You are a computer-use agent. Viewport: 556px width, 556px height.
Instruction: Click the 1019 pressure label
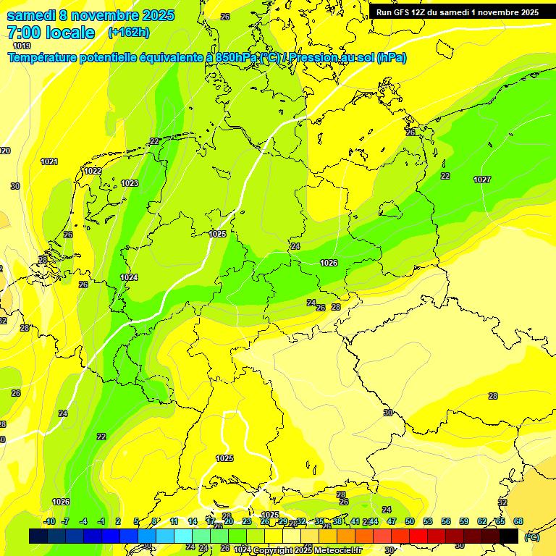pyautogui.click(x=22, y=46)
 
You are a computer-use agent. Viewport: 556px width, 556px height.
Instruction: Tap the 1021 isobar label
pyautogui.click(x=49, y=161)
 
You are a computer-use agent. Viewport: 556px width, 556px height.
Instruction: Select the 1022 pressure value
pyautogui.click(x=93, y=171)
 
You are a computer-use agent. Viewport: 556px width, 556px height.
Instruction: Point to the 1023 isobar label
pyautogui.click(x=130, y=183)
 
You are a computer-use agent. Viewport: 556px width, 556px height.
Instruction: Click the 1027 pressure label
pyautogui.click(x=482, y=179)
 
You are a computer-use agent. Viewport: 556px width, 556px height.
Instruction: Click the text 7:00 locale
pyautogui.click(x=51, y=33)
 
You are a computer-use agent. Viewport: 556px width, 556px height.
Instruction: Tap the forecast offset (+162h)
pyautogui.click(x=128, y=33)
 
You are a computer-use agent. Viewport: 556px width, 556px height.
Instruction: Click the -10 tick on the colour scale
pyautogui.click(x=49, y=521)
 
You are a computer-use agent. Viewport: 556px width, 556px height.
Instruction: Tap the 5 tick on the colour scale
pyautogui.click(x=137, y=521)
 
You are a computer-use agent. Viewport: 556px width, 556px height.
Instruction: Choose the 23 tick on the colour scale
pyautogui.click(x=246, y=521)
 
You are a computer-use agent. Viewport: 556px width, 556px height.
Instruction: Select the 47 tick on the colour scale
pyautogui.click(x=391, y=521)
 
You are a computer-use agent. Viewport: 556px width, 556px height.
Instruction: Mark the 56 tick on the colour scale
pyautogui.click(x=445, y=521)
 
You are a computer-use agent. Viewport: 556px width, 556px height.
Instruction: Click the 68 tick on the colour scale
pyautogui.click(x=518, y=521)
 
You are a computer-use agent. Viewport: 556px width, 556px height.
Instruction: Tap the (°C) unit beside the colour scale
pyautogui.click(x=532, y=536)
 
